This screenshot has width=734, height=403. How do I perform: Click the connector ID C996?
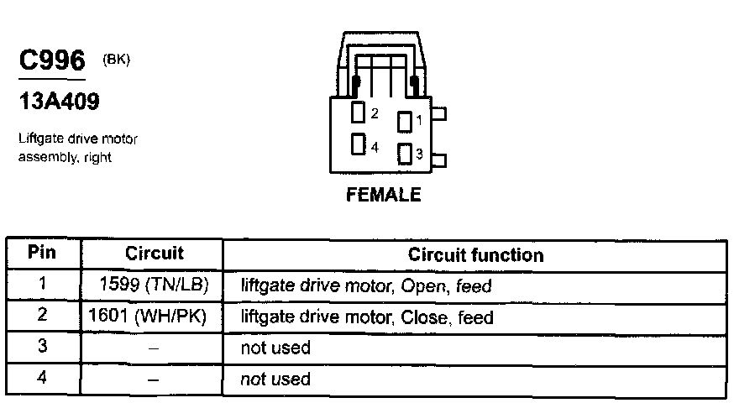[x=51, y=61]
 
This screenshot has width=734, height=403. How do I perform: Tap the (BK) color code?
[x=117, y=59]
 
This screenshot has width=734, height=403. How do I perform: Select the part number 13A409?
[x=59, y=102]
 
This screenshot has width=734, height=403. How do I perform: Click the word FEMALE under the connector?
[x=383, y=195]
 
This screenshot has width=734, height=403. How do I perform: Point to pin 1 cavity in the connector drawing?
[x=403, y=121]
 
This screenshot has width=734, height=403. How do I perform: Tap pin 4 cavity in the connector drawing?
[x=359, y=145]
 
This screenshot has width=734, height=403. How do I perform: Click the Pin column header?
[x=42, y=253]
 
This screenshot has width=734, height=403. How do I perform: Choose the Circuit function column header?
[x=475, y=254]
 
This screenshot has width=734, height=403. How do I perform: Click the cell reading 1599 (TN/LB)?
[x=155, y=285]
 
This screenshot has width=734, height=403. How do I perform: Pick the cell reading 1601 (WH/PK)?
[x=149, y=317]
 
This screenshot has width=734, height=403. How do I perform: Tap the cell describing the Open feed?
[x=365, y=286]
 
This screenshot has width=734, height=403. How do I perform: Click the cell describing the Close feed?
[x=367, y=317]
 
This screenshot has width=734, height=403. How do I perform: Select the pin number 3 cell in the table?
[x=42, y=347]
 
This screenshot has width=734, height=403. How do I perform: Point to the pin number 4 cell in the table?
[x=42, y=377]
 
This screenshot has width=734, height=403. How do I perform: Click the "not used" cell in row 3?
[x=275, y=348]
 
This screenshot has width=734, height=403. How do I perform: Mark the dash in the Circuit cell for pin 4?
[x=154, y=379]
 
